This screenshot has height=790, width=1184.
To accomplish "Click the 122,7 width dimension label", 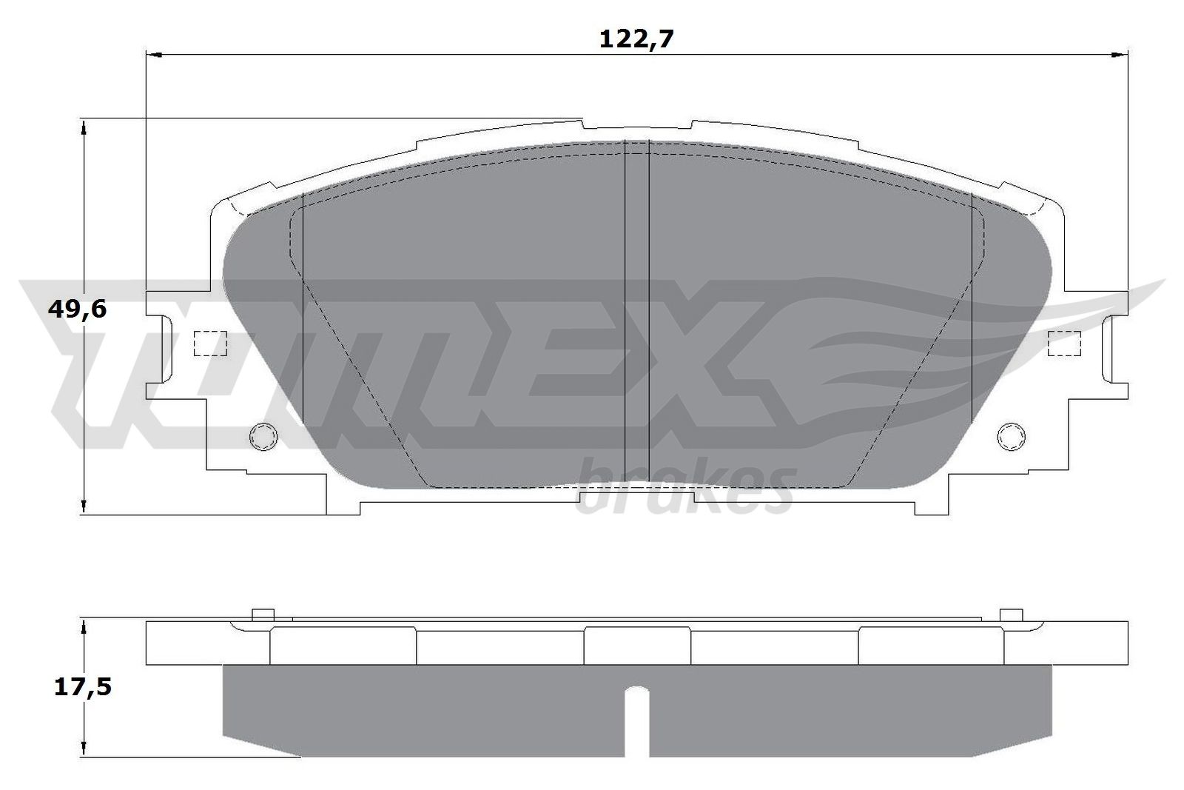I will tap(636, 39).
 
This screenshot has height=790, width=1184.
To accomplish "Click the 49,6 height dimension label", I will tap(77, 309).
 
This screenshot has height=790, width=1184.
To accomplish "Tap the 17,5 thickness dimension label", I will tap(82, 687).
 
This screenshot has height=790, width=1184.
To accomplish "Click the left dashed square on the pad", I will tap(209, 344).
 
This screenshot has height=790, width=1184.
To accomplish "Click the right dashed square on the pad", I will tap(1065, 344).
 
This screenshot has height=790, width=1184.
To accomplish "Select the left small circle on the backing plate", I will tap(263, 437).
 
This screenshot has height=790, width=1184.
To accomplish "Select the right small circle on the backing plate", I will tap(1011, 437).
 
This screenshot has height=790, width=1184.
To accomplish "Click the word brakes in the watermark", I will tap(684, 489).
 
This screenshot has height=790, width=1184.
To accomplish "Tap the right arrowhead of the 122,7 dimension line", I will tap(1120, 54).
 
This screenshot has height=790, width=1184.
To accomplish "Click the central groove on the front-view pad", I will tap(637, 311).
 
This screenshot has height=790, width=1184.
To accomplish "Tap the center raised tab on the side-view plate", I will tap(637, 644).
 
